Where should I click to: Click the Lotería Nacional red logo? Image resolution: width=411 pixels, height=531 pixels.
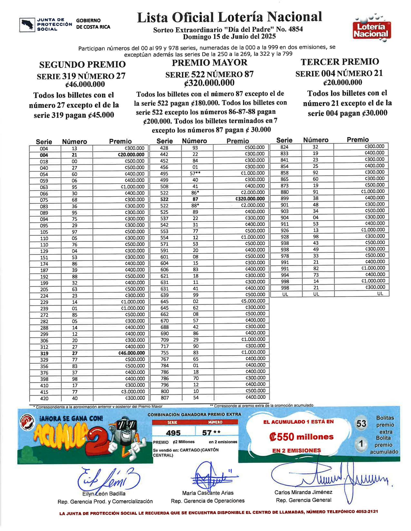(x=372, y=30)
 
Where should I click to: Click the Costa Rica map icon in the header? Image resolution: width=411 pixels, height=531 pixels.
(x=27, y=25)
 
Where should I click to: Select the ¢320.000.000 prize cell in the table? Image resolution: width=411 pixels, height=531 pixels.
(x=250, y=199)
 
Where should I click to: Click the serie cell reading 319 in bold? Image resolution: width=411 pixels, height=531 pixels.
(x=44, y=353)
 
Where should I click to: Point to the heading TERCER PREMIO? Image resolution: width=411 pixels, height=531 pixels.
(x=340, y=62)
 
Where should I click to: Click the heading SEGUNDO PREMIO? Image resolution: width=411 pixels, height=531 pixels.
(x=82, y=64)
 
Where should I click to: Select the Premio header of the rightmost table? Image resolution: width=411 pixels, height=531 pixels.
(x=358, y=140)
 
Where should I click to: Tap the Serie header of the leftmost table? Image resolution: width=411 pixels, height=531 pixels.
(x=44, y=142)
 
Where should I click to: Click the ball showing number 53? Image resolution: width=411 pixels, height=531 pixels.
(x=361, y=424)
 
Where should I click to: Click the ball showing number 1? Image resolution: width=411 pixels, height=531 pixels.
(x=361, y=444)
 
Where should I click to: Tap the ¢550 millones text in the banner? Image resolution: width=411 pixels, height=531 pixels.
(x=301, y=437)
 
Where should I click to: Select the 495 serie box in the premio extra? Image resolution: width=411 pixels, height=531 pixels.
(x=173, y=433)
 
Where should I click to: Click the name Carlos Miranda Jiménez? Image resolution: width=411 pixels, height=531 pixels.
(x=303, y=492)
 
